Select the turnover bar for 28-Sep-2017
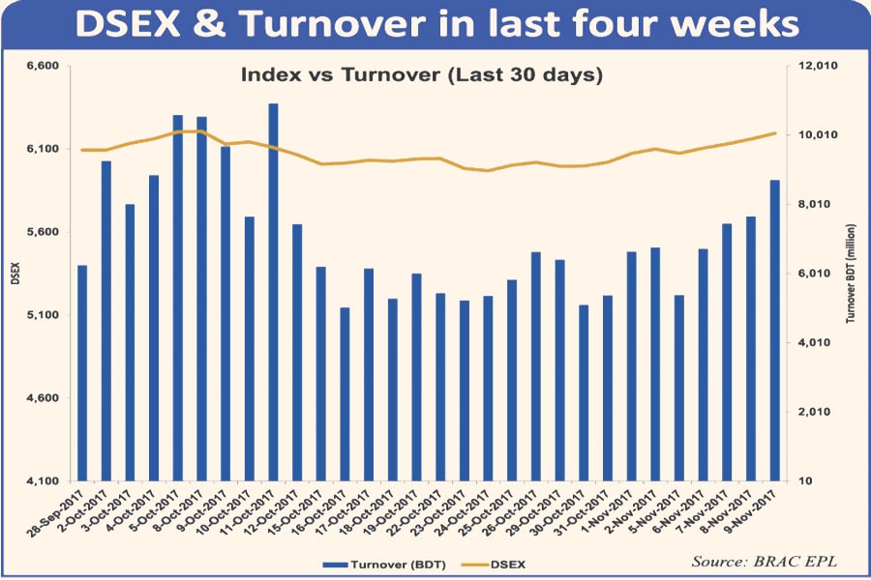pyautogui.click(x=82, y=372)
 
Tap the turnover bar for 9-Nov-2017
pyautogui.click(x=774, y=330)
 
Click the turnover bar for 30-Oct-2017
pyautogui.click(x=583, y=392)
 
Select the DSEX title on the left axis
pyautogui.click(x=15, y=274)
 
